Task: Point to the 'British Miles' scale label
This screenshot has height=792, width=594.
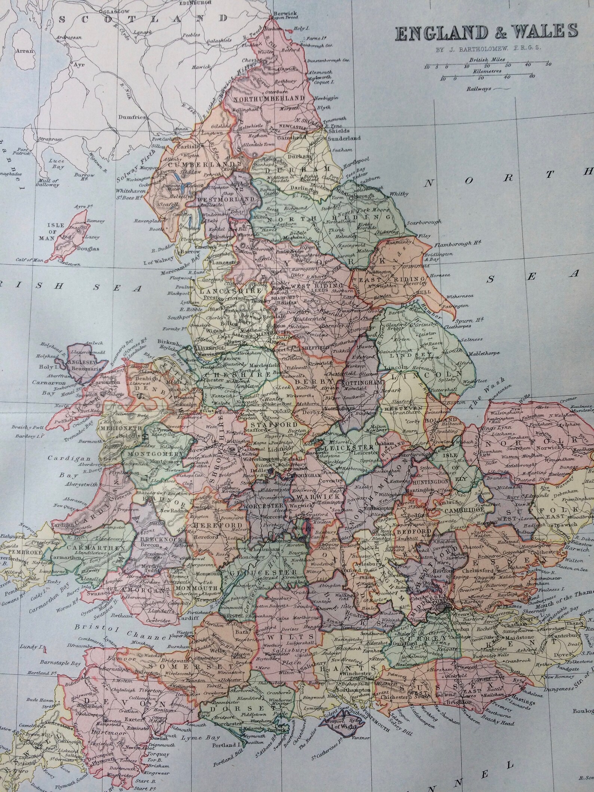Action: click(486, 59)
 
